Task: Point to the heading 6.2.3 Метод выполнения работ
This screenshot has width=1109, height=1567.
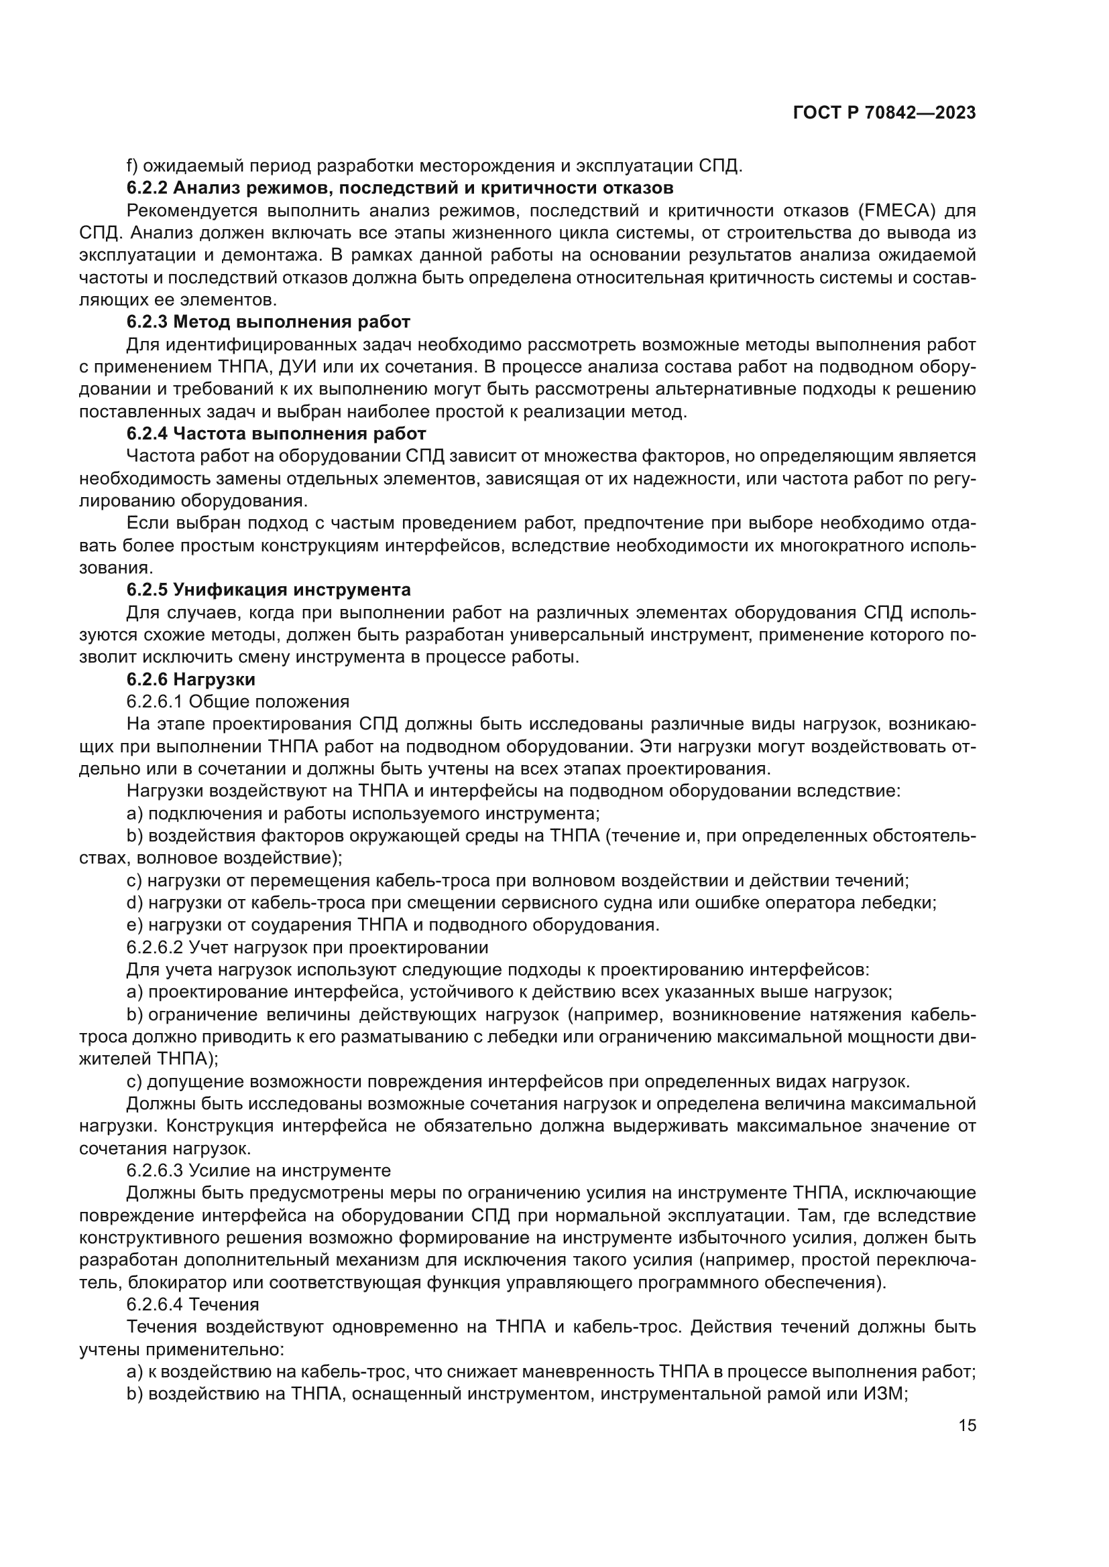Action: pyautogui.click(x=268, y=322)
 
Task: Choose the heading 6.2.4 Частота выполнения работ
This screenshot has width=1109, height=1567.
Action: pyautogui.click(x=276, y=433)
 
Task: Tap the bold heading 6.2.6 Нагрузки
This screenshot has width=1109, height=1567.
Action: pyautogui.click(x=190, y=679)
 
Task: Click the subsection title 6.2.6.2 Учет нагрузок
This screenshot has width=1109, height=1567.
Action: pyautogui.click(x=306, y=947)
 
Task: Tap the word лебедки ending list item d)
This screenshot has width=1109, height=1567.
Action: pyautogui.click(x=907, y=903)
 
